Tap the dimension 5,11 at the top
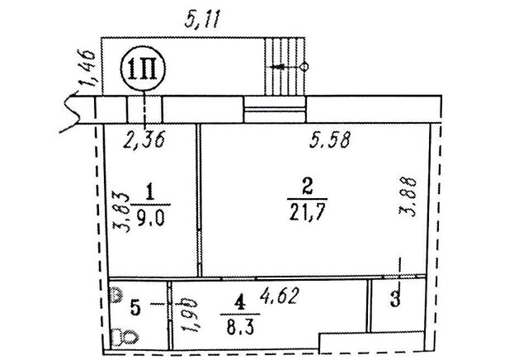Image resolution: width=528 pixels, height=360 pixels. [x=203, y=21]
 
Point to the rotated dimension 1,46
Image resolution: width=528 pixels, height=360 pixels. [x=88, y=68]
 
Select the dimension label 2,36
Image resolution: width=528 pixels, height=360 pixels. [x=144, y=140]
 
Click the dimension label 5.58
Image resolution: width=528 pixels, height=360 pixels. [x=330, y=140]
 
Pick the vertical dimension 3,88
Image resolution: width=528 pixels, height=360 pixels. [x=408, y=197]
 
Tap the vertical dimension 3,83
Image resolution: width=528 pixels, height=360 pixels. [x=121, y=212]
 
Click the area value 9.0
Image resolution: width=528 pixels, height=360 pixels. [x=150, y=219]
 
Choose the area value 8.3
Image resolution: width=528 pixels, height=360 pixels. [x=240, y=327]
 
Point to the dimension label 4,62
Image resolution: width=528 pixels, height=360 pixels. [x=279, y=296]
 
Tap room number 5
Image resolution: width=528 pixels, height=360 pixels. [x=135, y=309]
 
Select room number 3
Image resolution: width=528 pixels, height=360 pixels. [x=395, y=299]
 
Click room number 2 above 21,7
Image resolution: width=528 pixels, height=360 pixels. [x=308, y=186]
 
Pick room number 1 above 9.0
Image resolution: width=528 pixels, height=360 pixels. [x=150, y=193]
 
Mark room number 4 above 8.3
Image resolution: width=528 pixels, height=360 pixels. [x=239, y=303]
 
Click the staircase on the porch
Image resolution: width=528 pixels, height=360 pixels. [x=285, y=67]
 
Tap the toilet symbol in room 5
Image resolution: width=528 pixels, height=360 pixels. [x=125, y=337]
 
